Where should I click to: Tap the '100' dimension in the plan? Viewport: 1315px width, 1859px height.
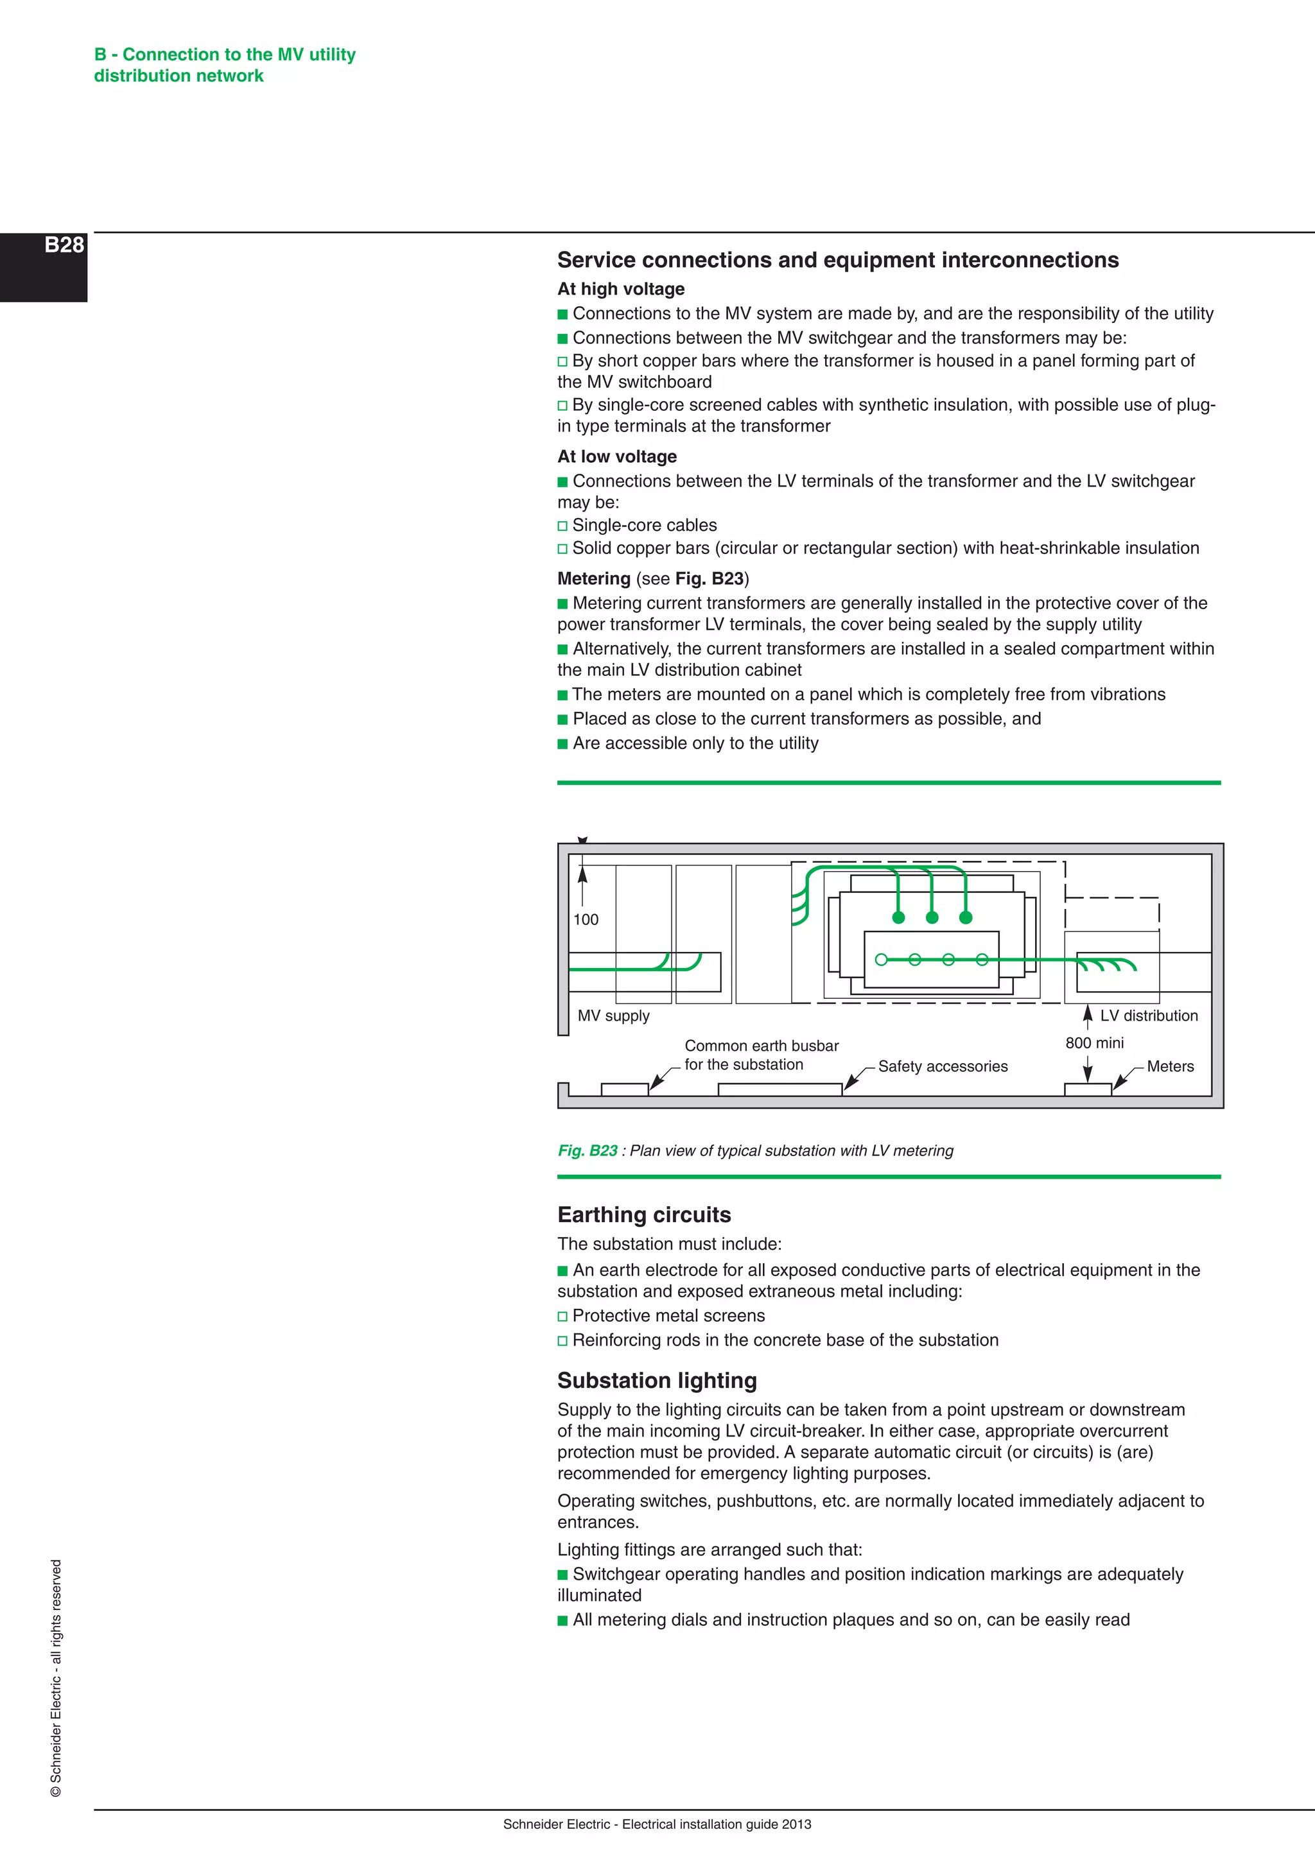point(586,920)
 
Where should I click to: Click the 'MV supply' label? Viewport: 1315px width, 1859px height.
point(613,1016)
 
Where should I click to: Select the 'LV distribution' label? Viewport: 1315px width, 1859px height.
point(1148,1016)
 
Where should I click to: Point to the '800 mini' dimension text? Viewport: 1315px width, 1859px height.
point(1094,1043)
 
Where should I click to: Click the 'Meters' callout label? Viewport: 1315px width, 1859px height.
point(1169,1066)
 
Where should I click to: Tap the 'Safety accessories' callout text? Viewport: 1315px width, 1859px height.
point(943,1066)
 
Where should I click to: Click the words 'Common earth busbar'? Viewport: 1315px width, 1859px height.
point(761,1045)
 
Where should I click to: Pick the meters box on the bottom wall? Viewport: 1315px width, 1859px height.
point(1088,1090)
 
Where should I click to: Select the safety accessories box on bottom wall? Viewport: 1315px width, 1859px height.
point(779,1090)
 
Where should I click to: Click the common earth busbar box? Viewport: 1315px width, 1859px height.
point(624,1090)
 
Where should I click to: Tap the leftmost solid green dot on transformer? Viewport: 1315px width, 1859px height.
point(898,917)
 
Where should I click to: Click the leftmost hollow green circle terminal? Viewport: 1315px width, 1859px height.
point(882,960)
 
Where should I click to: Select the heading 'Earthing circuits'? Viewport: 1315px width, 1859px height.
point(644,1215)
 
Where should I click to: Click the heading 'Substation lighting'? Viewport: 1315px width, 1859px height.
point(657,1381)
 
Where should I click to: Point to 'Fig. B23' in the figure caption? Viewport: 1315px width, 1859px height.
point(587,1150)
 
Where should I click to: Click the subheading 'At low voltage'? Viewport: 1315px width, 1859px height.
point(616,456)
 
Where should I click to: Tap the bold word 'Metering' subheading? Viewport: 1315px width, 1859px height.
point(593,578)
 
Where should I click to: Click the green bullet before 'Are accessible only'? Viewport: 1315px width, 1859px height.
point(562,744)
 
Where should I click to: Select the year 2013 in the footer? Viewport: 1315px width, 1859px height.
point(797,1824)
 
